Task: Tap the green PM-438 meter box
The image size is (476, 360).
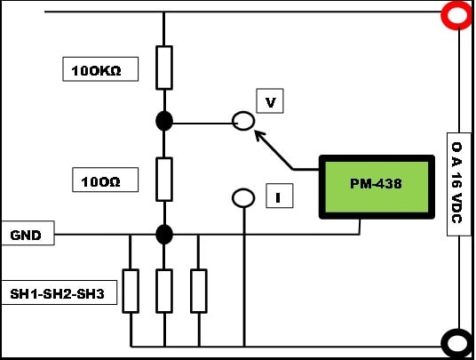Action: coord(377,187)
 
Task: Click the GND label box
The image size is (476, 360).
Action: coord(28,233)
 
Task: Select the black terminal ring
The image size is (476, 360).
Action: coord(443,343)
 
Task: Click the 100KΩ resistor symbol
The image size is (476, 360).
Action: coord(164,68)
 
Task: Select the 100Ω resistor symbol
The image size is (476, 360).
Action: coord(164,180)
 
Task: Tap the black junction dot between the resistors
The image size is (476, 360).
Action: coord(164,121)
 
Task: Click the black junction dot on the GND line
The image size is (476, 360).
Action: coord(164,235)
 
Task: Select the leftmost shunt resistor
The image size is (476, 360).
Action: coord(131,291)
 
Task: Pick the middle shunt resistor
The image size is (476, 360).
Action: coord(164,291)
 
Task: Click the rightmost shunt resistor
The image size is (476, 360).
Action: coord(199,291)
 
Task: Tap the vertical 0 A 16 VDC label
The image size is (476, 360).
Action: coord(459,184)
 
